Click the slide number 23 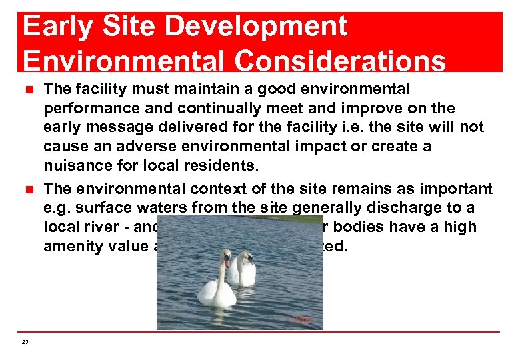point(25,342)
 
